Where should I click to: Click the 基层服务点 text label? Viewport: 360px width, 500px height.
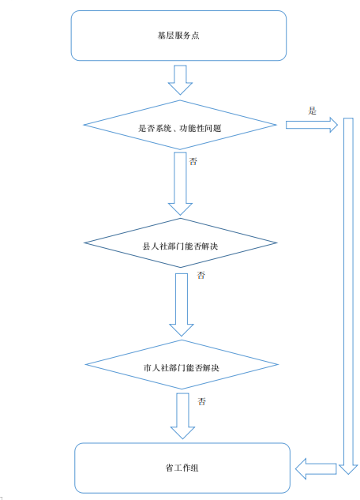(178, 35)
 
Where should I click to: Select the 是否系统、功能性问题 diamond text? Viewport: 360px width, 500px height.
(180, 128)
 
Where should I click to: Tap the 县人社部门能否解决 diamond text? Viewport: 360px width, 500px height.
(180, 246)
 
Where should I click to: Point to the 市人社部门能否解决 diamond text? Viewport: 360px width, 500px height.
(182, 368)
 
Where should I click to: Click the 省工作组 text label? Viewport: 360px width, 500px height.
(182, 468)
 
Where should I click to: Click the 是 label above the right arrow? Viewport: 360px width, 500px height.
(312, 111)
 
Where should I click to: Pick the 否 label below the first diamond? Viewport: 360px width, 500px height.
(193, 161)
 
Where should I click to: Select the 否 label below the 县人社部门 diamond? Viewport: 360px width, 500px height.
(201, 275)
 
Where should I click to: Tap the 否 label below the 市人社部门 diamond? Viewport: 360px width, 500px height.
(201, 401)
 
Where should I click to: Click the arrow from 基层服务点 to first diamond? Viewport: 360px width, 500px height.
(180, 80)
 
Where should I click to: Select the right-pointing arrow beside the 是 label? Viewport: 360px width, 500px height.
(312, 125)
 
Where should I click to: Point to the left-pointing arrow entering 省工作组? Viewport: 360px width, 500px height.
(316, 468)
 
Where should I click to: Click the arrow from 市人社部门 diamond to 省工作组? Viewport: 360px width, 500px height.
(182, 416)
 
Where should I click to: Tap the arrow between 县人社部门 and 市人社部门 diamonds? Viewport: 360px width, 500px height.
(182, 305)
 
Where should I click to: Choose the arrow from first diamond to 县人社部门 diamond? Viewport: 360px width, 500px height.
(180, 184)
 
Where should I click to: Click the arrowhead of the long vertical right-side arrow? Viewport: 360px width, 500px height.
(348, 470)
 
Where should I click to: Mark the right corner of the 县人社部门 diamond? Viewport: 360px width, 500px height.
(276, 243)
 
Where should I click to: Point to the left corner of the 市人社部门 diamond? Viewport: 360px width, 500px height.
(86, 364)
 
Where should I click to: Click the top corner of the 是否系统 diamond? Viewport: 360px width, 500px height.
(180, 100)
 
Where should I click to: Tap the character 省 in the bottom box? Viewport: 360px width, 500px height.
(170, 468)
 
